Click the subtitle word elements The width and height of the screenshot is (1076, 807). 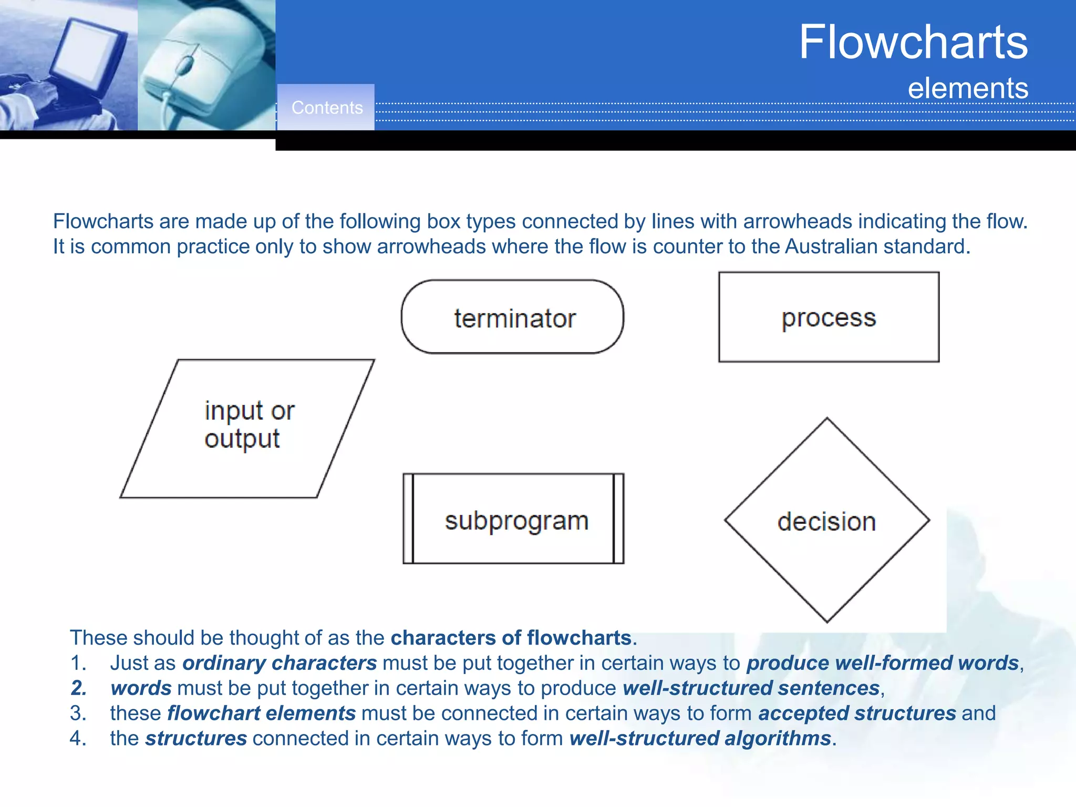[x=968, y=88]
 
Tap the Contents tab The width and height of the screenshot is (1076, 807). [x=326, y=108]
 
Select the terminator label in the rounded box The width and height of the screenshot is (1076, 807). [x=515, y=318]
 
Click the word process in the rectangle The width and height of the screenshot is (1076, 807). [x=829, y=318]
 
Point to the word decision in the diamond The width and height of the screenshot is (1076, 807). [x=826, y=522]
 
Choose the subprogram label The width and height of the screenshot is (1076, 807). [x=516, y=521]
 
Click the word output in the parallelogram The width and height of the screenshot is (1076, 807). [x=242, y=439]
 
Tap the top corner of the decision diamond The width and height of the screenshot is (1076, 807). [x=827, y=419]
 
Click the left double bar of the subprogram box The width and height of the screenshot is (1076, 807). [x=408, y=519]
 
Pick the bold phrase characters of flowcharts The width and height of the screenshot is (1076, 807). [x=511, y=638]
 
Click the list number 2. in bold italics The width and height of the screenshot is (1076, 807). [x=79, y=688]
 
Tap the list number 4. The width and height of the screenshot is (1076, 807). [x=78, y=738]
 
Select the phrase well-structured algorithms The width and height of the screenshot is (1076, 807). [x=700, y=738]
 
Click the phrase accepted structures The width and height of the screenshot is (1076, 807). [x=857, y=713]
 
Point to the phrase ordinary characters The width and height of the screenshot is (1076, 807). [x=280, y=663]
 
